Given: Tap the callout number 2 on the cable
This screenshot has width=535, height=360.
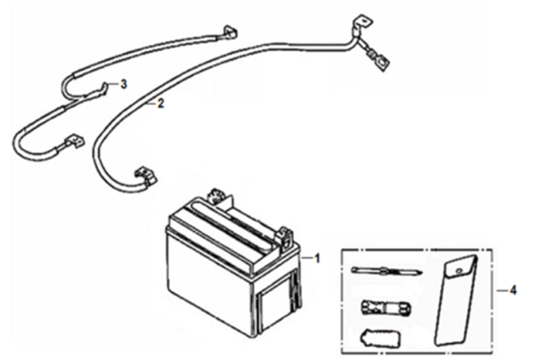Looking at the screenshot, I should [160, 104].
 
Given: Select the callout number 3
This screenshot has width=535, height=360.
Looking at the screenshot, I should [124, 85].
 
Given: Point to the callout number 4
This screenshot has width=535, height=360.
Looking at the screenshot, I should [512, 290].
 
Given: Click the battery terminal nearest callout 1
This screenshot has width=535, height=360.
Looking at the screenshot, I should [285, 236].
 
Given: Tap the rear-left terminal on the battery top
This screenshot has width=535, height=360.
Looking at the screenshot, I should [214, 193].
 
